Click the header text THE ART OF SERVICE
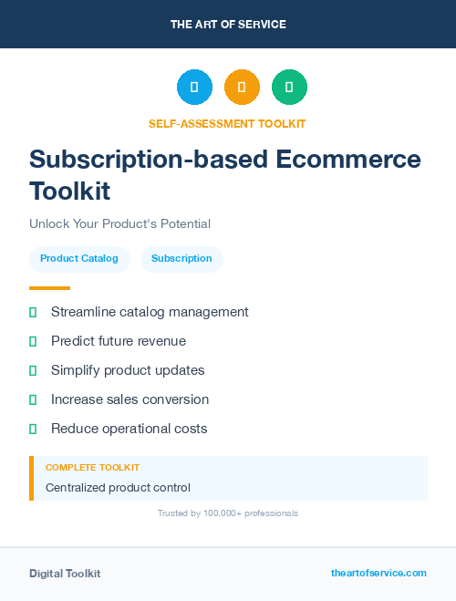pos(228,25)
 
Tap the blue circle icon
pos(194,87)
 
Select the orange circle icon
pos(242,87)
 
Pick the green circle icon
pos(289,87)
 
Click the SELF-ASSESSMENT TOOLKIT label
pos(227,123)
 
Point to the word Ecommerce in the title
pos(349,159)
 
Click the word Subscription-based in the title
pos(136,159)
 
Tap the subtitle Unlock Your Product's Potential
pos(119,223)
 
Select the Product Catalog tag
pos(79,259)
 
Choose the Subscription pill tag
pos(181,259)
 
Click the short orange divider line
pos(49,288)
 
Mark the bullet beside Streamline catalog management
pos(33,312)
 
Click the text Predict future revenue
pos(119,341)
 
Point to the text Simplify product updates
pos(128,370)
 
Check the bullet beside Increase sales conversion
pos(33,399)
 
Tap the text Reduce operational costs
pos(130,429)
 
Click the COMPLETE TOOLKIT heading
pos(92,467)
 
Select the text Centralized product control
pos(118,488)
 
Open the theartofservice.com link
pos(378,573)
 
